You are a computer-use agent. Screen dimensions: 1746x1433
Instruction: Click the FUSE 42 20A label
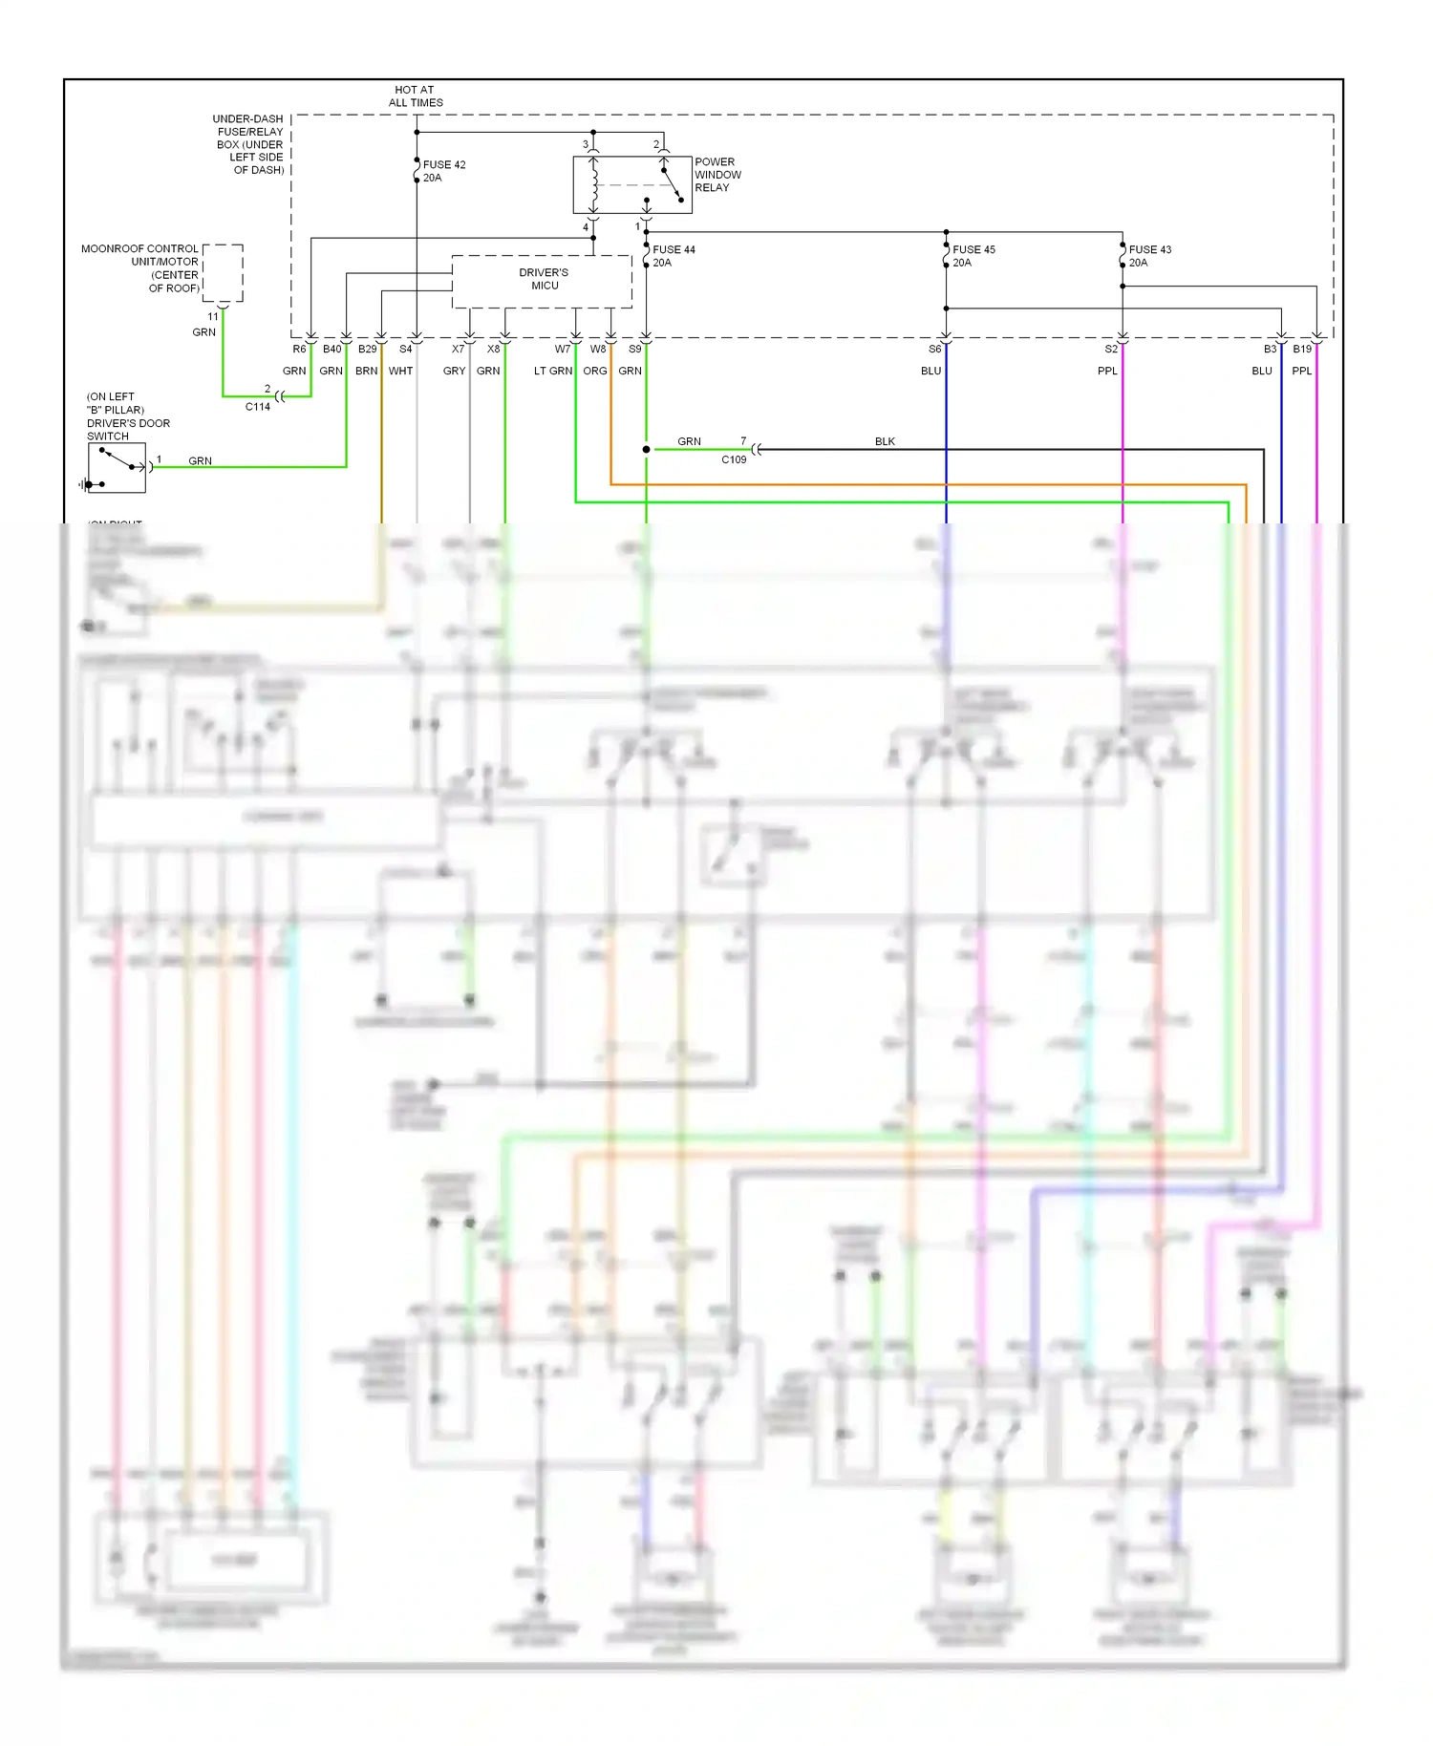(x=443, y=171)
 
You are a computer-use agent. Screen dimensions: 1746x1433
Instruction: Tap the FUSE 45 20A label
(x=973, y=256)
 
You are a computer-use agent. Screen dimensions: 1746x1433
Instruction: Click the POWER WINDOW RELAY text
(x=717, y=175)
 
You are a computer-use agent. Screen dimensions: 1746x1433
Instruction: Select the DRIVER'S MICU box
(x=543, y=280)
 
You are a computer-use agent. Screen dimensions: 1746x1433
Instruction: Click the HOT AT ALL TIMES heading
(x=416, y=96)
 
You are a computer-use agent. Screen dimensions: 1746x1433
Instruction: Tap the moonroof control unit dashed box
(x=223, y=273)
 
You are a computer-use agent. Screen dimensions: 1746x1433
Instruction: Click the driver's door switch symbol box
(x=117, y=468)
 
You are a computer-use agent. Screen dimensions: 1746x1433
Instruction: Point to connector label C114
(x=258, y=407)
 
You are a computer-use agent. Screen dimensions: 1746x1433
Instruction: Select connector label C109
(x=734, y=459)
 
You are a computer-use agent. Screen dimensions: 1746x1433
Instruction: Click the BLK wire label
(x=885, y=441)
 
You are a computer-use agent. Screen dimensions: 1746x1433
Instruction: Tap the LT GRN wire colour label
(x=553, y=371)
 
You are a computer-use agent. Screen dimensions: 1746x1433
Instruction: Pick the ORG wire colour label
(x=595, y=371)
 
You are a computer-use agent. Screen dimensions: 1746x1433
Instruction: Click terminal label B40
(x=332, y=350)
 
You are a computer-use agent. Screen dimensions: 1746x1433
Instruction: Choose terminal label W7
(x=563, y=350)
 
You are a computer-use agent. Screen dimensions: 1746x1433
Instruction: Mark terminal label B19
(x=1302, y=350)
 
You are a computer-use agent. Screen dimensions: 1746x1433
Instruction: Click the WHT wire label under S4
(x=400, y=371)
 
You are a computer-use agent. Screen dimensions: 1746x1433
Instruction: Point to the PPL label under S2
(x=1107, y=371)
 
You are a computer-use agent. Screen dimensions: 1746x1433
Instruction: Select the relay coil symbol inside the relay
(x=594, y=183)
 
